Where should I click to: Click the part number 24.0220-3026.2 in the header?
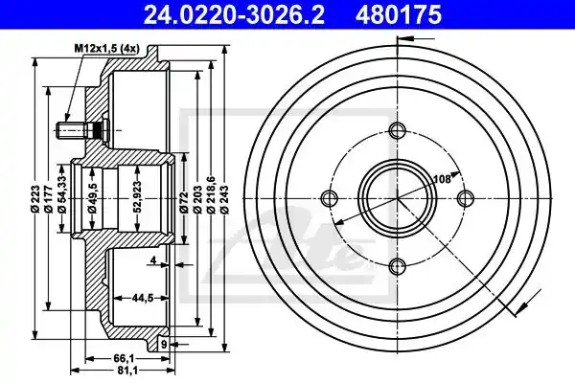[x=234, y=15]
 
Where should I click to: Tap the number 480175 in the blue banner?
[x=398, y=15]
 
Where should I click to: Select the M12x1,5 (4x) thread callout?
[x=106, y=48]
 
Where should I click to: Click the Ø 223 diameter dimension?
[x=35, y=199]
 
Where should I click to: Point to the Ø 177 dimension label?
[x=49, y=199]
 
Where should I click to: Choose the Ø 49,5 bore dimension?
[x=92, y=198]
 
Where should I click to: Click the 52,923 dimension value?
[x=137, y=197]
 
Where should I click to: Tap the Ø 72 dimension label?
[x=184, y=202]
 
